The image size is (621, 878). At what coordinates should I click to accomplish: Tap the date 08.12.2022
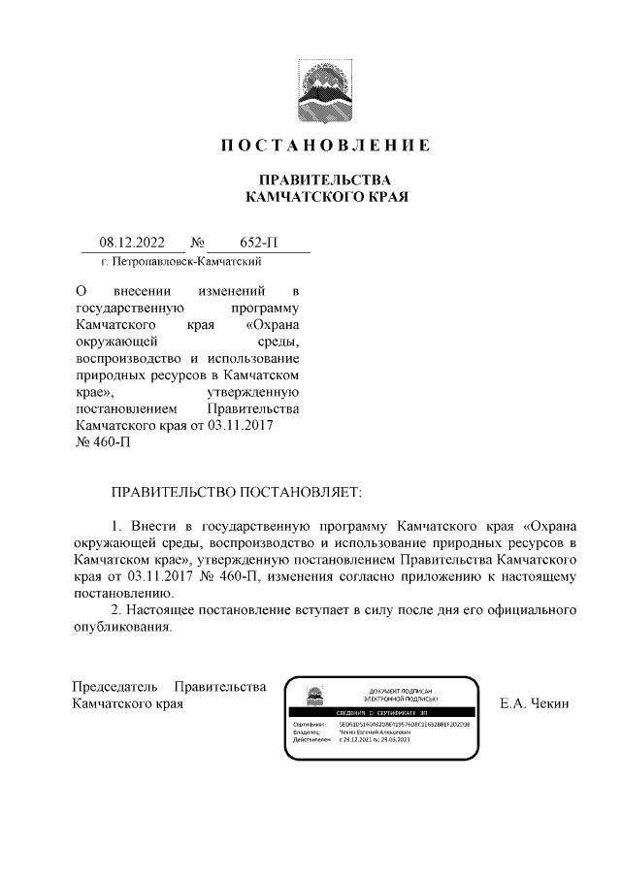[x=132, y=243]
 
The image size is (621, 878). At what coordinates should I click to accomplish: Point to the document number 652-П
[x=259, y=243]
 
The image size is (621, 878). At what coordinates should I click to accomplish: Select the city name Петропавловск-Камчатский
[x=188, y=262]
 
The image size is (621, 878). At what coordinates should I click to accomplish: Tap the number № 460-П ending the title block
[x=102, y=443]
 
